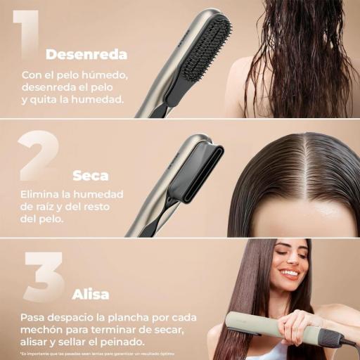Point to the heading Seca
(91, 176)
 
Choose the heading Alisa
(91, 294)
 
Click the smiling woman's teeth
(290, 274)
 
